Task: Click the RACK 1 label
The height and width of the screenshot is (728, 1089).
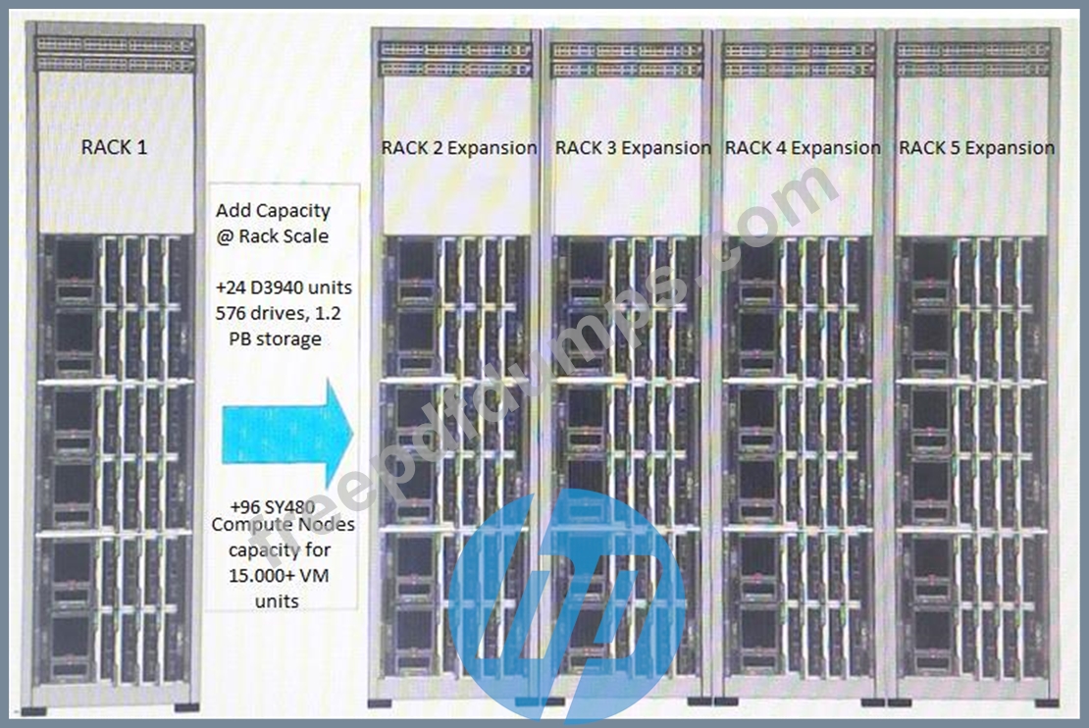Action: [x=114, y=147]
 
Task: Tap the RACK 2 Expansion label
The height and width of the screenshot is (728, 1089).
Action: [x=459, y=148]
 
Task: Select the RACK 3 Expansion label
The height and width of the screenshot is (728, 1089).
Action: [x=633, y=148]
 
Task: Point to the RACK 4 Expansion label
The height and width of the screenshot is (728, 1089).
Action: [x=803, y=148]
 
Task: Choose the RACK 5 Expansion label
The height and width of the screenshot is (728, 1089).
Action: [x=976, y=148]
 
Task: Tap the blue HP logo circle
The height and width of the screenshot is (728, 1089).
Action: [x=567, y=605]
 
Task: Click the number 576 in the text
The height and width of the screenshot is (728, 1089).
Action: [x=231, y=313]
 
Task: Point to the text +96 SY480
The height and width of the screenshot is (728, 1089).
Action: [x=273, y=507]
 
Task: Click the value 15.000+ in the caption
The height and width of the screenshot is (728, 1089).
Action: [x=260, y=576]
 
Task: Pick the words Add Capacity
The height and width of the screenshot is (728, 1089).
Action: [x=273, y=211]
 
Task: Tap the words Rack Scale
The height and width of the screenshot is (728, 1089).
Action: [x=284, y=236]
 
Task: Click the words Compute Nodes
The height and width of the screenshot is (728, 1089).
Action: [x=283, y=525]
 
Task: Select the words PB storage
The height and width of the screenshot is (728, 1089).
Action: [x=275, y=339]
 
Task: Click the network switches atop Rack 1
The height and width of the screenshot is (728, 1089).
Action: [x=115, y=54]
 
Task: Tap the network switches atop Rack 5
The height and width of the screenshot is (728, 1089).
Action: [x=972, y=59]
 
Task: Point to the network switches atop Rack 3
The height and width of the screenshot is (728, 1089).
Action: [x=627, y=59]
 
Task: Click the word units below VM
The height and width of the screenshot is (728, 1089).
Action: [x=277, y=601]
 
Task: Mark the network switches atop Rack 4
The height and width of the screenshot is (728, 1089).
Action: [x=799, y=59]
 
